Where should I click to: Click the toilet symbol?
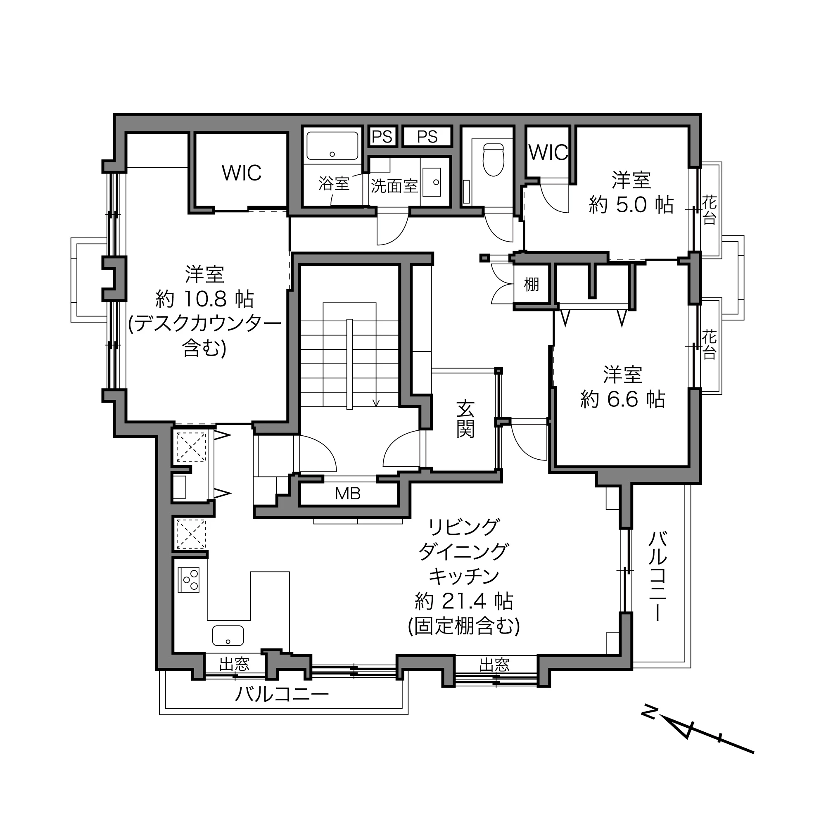click(494, 159)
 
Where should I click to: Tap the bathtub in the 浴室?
click(332, 145)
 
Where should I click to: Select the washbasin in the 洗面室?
click(432, 182)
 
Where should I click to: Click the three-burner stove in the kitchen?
click(189, 580)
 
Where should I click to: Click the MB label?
click(348, 494)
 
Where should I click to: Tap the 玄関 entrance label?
click(465, 419)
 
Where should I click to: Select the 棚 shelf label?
click(532, 284)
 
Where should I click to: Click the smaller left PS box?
click(382, 136)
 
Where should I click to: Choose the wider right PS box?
click(427, 136)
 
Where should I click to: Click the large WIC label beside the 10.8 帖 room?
click(242, 173)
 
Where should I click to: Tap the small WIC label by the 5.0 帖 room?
click(548, 153)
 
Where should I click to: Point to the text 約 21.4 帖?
click(464, 602)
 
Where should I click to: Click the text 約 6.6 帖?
click(622, 399)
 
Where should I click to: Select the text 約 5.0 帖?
click(631, 205)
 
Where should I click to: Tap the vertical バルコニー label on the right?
click(657, 576)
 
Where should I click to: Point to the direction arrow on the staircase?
click(376, 363)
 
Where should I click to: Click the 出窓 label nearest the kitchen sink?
click(234, 665)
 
